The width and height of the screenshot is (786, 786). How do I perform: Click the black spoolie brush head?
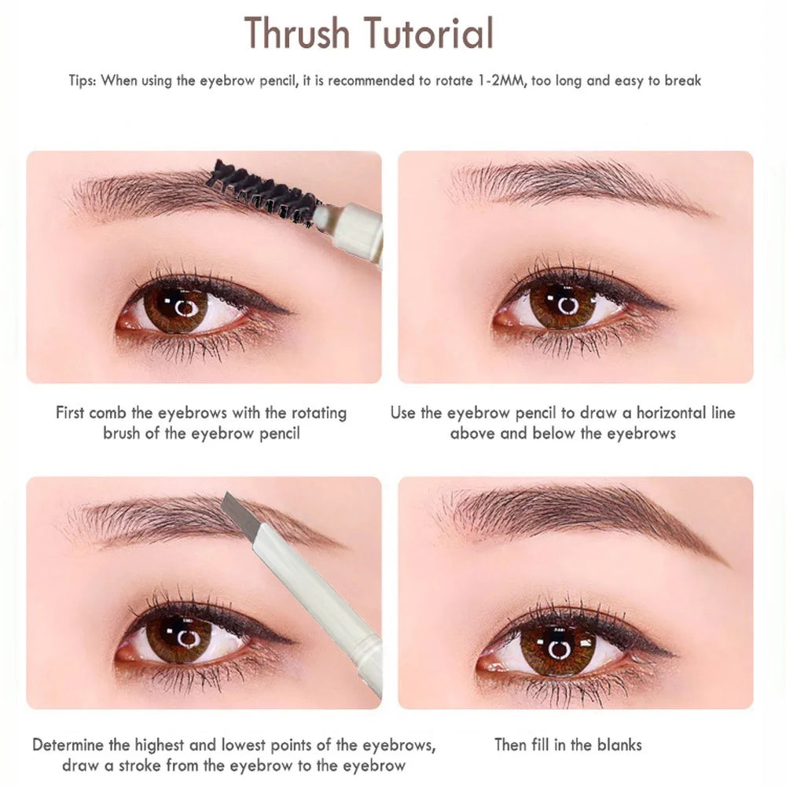[x=263, y=190]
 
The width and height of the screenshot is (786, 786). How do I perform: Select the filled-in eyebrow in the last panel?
[x=582, y=515]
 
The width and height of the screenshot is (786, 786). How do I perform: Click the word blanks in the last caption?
[x=616, y=744]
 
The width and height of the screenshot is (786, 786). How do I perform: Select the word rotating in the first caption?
[x=318, y=413]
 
